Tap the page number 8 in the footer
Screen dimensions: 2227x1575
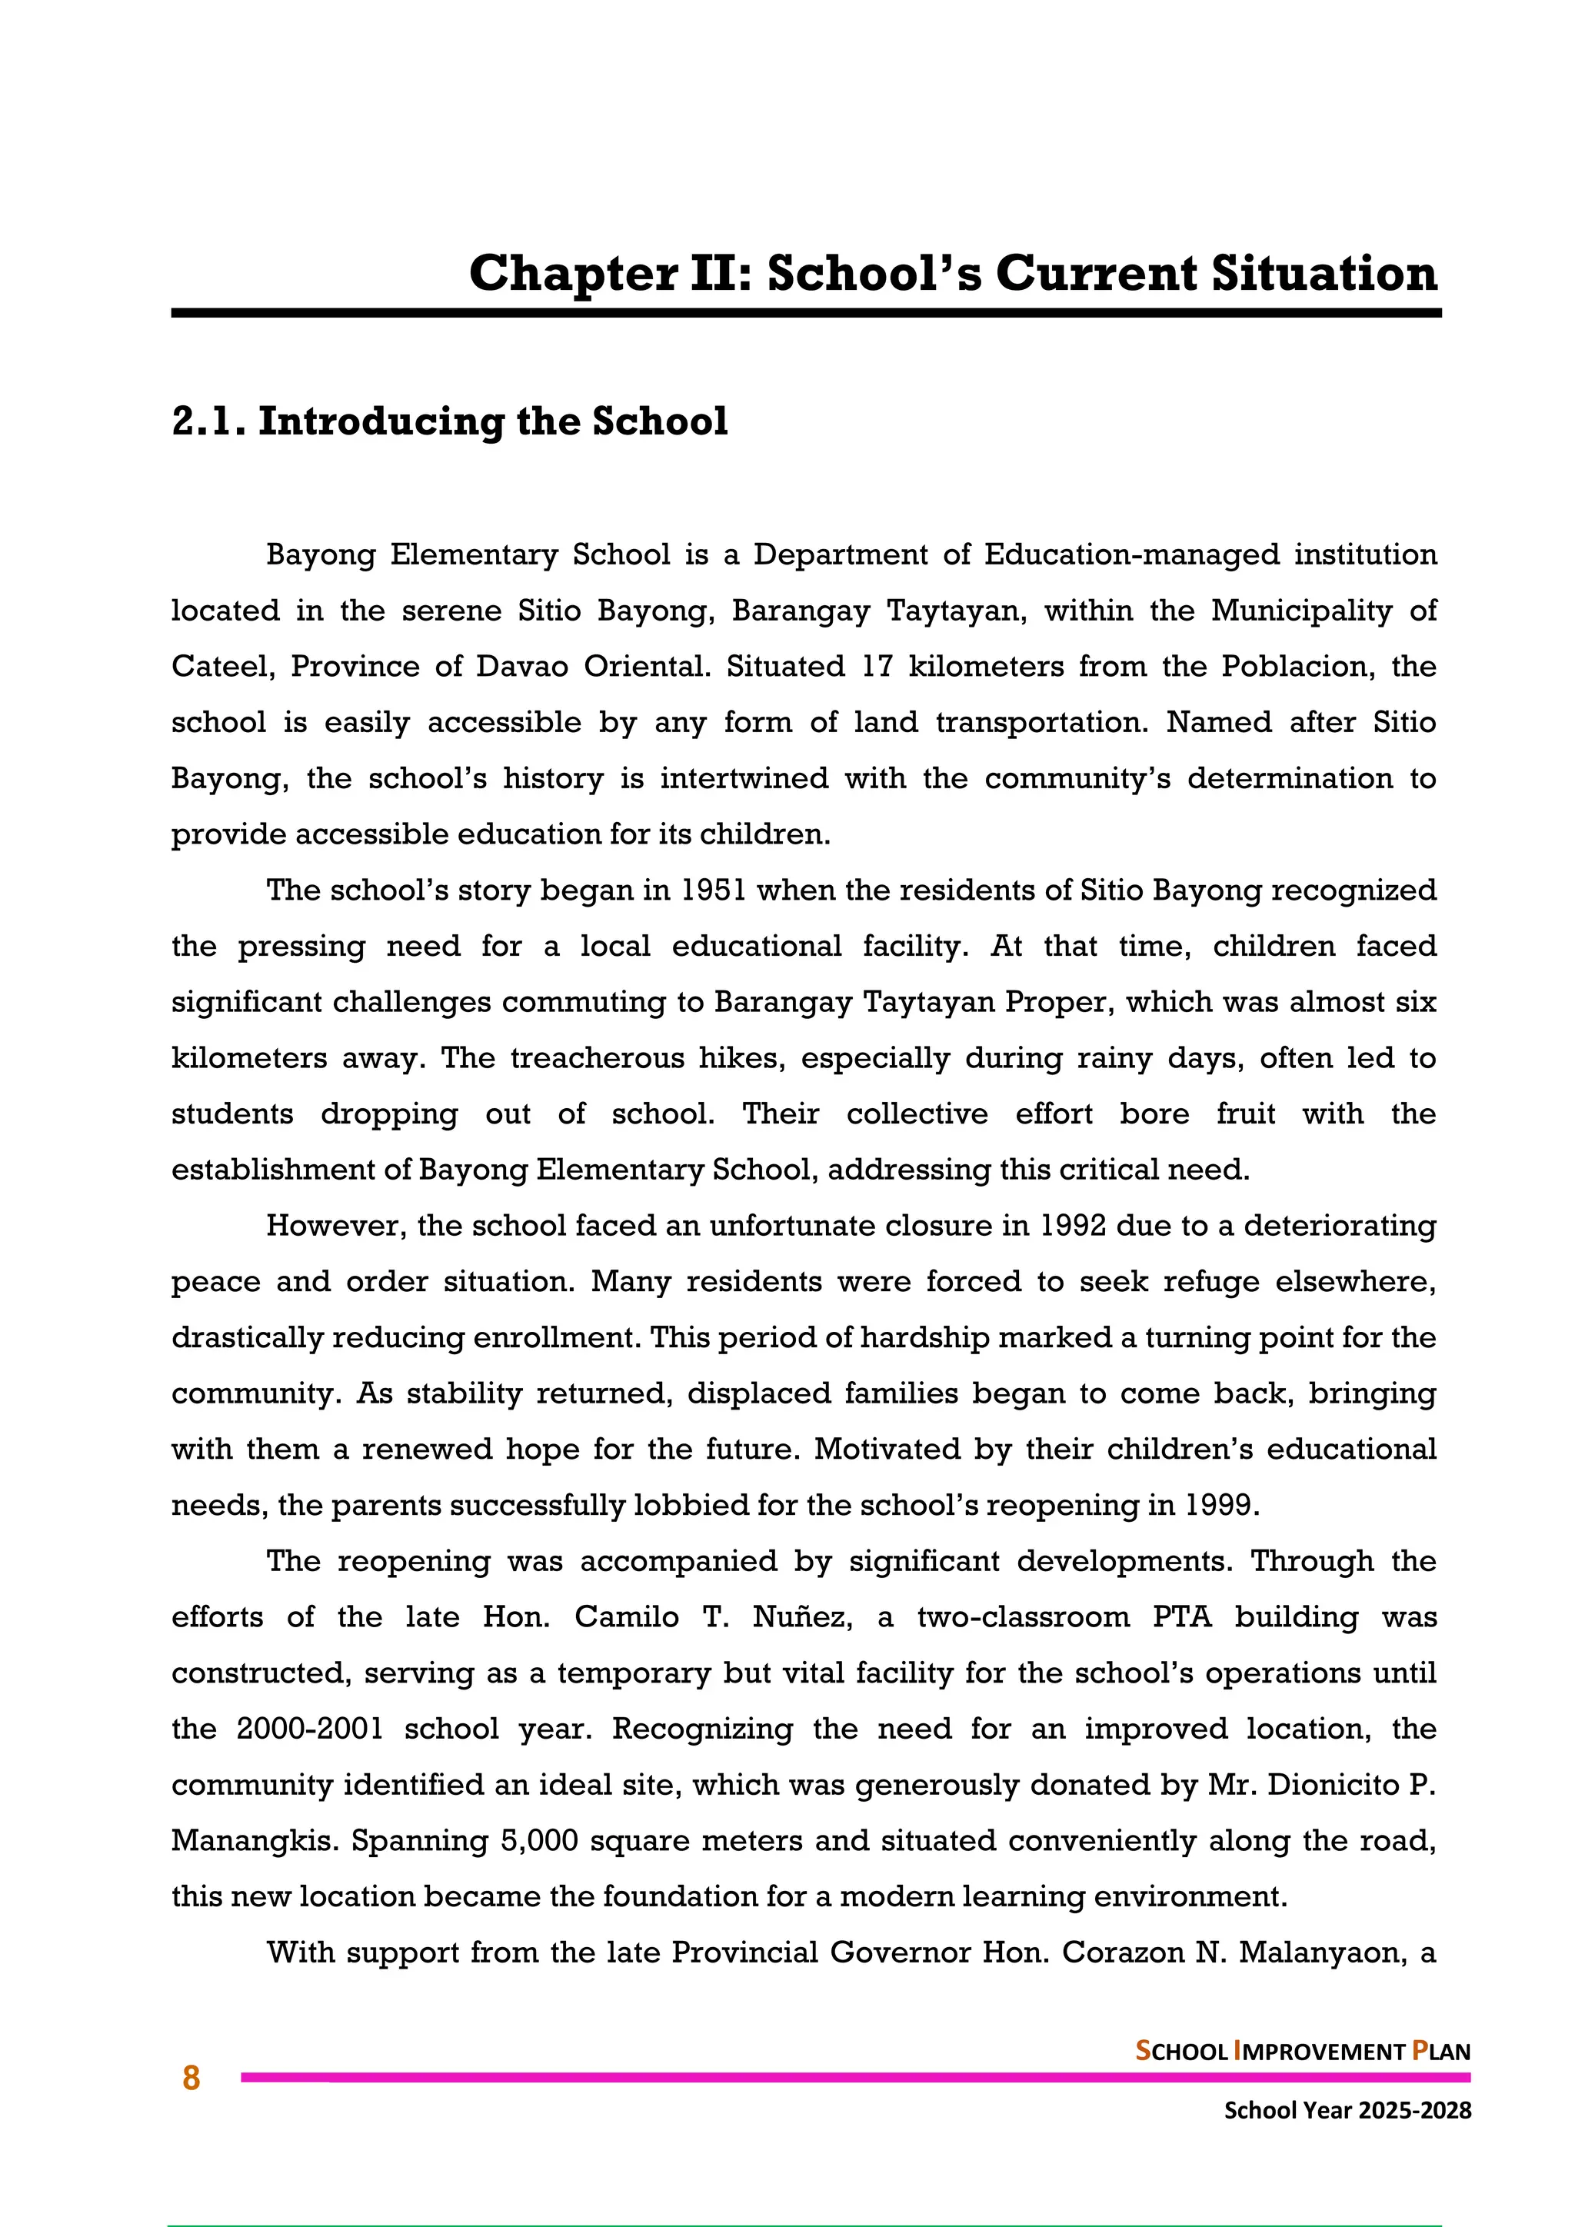(x=191, y=2078)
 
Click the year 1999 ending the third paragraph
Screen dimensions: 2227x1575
(x=1222, y=1506)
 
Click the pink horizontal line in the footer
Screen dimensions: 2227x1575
(x=854, y=2078)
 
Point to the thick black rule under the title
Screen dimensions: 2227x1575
(x=805, y=313)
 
